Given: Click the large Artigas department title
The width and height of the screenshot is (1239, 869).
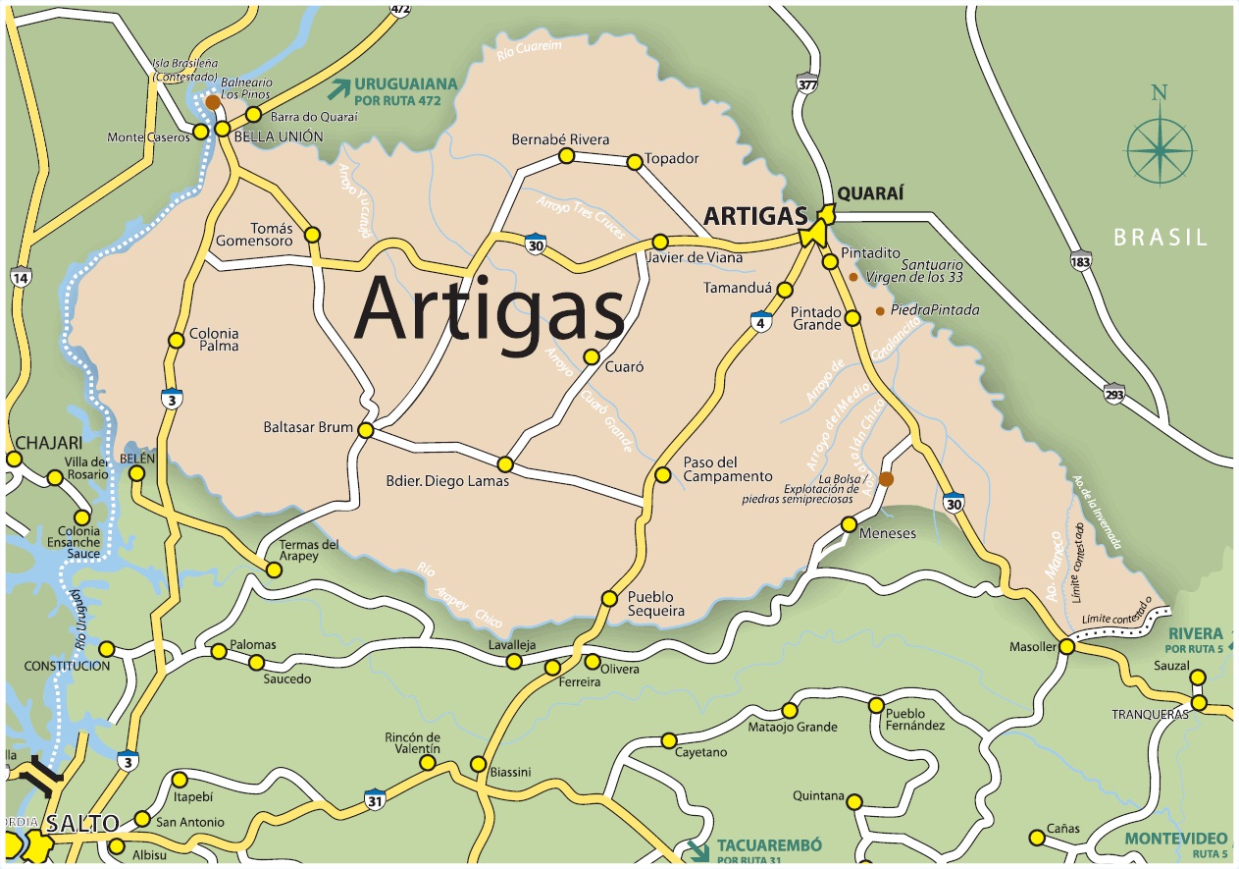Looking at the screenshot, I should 490,306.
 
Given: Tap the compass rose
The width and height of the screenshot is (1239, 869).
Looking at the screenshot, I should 1160,150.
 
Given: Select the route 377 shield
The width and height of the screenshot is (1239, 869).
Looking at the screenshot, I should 806,83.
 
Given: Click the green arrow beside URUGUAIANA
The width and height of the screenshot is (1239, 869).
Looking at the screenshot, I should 339,89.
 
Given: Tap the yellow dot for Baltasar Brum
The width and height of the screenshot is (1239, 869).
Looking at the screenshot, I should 366,430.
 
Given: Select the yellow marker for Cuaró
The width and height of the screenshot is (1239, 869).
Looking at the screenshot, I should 591,357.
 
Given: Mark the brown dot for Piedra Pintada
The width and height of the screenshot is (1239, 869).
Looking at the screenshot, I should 879,311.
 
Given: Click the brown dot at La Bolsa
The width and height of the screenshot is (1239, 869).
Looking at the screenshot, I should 886,478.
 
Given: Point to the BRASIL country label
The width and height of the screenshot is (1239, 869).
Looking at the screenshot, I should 1161,237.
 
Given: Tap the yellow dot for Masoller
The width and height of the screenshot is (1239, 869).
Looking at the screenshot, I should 1066,646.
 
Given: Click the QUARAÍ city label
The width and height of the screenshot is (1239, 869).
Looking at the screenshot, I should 869,194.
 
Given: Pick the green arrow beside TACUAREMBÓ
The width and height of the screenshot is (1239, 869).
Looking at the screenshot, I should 698,848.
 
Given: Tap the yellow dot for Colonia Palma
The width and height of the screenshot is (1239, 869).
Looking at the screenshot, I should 176,341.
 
